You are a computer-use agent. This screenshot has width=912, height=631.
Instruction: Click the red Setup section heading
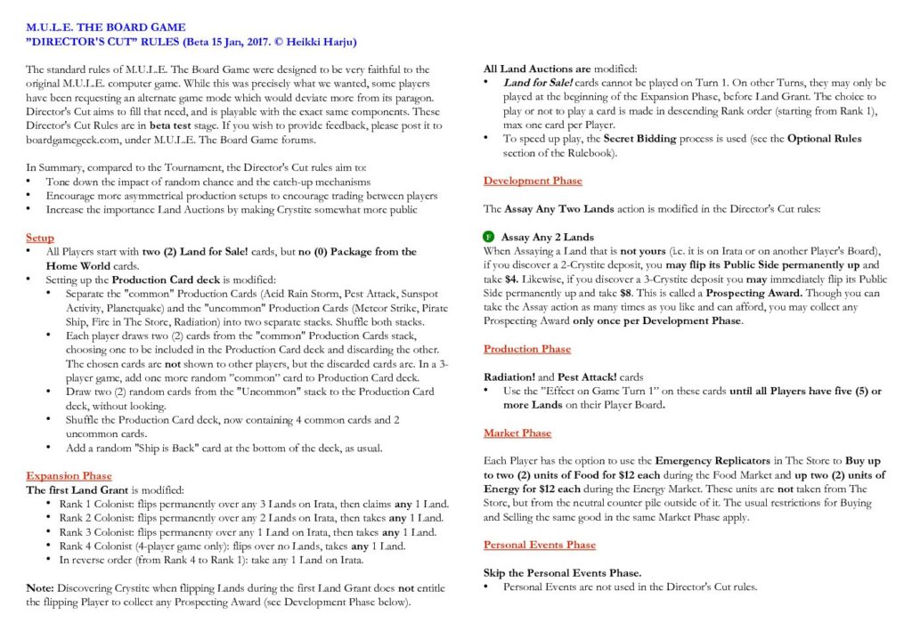click(x=40, y=239)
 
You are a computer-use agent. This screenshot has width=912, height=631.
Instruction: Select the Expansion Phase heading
click(x=69, y=476)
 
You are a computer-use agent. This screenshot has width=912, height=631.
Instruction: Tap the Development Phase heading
click(x=533, y=181)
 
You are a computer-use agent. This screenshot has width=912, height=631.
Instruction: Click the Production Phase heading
click(x=527, y=349)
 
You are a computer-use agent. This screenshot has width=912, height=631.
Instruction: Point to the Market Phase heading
click(x=517, y=433)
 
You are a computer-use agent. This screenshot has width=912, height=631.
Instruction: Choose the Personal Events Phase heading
click(x=540, y=545)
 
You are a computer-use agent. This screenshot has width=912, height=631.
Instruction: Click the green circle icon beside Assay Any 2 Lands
click(x=489, y=238)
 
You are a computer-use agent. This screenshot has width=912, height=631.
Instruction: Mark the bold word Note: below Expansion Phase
click(x=41, y=588)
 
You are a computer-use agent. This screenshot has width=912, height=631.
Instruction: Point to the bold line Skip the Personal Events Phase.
click(x=562, y=572)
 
